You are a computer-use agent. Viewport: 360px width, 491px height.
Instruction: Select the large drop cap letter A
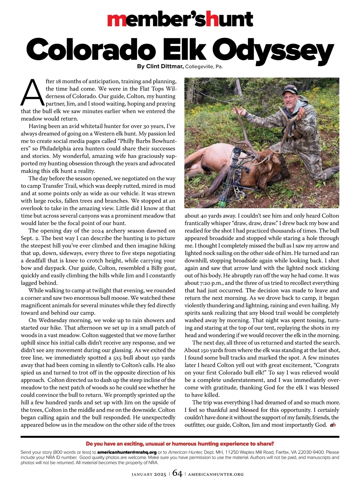31,92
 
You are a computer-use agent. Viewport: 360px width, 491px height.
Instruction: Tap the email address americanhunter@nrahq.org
127,452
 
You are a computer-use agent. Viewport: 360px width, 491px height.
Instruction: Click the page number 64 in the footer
177,474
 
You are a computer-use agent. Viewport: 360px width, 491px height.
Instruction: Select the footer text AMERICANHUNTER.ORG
216,475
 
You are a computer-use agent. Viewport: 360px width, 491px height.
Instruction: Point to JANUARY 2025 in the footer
149,475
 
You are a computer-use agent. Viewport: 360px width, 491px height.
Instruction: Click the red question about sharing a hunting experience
180,444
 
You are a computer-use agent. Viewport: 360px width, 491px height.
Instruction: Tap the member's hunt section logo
180,19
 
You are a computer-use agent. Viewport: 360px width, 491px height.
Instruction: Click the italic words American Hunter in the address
185,452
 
